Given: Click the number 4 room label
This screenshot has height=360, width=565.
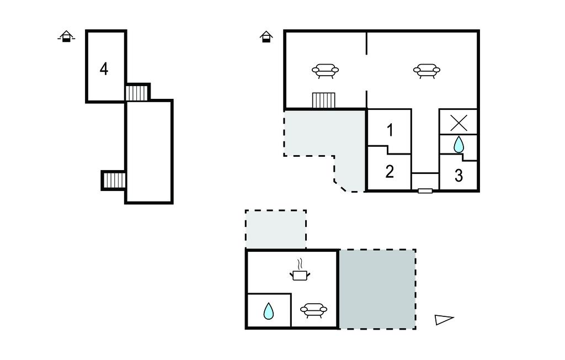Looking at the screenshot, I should click(104, 69).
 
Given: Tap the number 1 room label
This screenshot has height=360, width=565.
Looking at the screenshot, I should click(390, 130).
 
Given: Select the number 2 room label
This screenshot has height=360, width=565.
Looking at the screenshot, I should click(390, 172).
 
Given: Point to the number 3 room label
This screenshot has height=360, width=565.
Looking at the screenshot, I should click(459, 176).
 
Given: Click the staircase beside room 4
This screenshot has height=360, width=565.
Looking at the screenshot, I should click(137, 92).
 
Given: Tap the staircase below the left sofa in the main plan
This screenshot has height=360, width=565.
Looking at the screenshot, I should click(324, 100).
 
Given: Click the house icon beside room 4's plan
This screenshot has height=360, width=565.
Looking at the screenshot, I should click(66, 37).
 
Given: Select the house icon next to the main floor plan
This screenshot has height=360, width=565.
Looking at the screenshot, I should click(266, 37).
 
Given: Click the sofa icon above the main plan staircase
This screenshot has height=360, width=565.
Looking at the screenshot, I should click(325, 70).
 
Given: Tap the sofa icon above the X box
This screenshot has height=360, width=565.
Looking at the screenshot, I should click(427, 70).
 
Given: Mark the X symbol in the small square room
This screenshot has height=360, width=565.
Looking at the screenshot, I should click(458, 123).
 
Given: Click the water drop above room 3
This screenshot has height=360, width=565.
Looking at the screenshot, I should click(459, 145).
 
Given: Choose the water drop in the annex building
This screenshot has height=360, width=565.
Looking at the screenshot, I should click(269, 311).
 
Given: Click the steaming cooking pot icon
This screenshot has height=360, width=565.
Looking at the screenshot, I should click(300, 270).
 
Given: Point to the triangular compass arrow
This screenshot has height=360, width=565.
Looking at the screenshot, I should click(444, 319).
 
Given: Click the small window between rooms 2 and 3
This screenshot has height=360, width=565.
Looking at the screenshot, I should click(425, 190).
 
